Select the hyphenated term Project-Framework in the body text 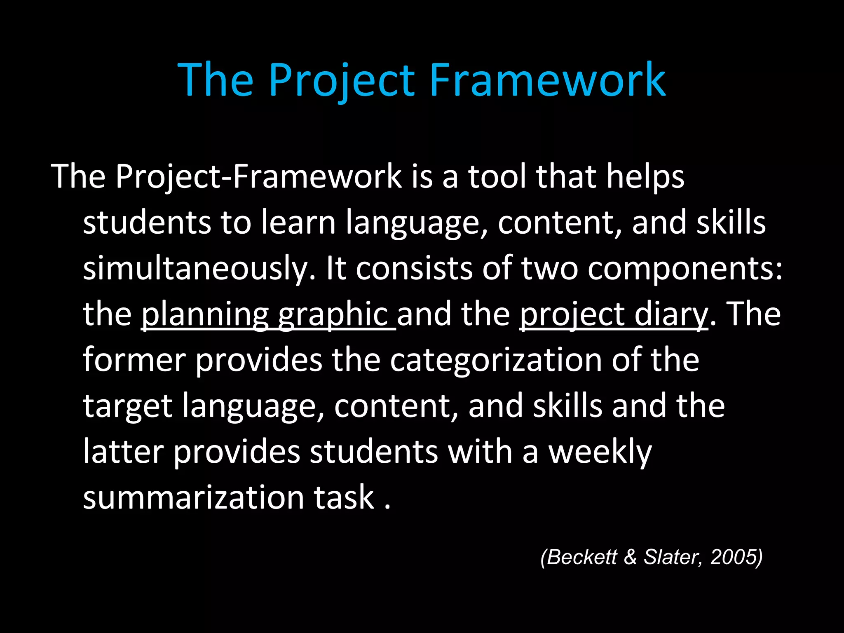pos(258,176)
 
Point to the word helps pos(645,176)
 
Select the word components pos(685,268)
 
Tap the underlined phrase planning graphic pos(268,314)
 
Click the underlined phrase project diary pos(614,314)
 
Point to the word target pos(127,406)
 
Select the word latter pos(123,452)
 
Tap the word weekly pos(600,452)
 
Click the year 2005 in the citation pos(733,557)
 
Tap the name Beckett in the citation pos(582,557)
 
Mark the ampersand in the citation pos(630,557)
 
